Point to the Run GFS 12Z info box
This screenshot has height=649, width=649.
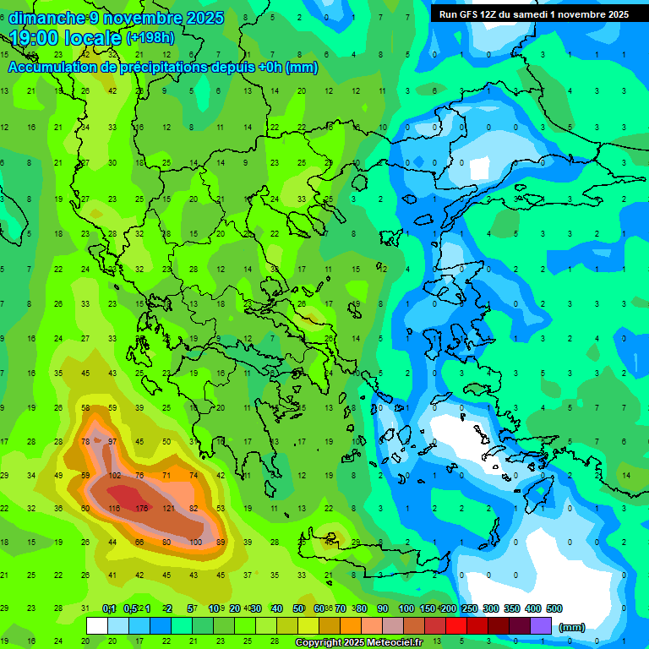532,14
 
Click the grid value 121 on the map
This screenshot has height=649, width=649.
168,508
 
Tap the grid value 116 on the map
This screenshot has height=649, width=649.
114,508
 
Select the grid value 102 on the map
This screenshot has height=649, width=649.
114,476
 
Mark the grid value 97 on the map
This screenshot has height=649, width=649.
112,442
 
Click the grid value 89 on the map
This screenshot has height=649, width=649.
221,542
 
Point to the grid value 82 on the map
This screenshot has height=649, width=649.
194,508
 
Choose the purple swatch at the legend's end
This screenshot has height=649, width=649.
542,626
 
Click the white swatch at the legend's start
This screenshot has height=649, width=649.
97,626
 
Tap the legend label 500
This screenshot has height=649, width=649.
554,608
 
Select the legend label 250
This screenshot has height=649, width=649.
468,608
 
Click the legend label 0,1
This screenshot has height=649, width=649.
109,608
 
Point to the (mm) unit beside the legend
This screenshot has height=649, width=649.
573,627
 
